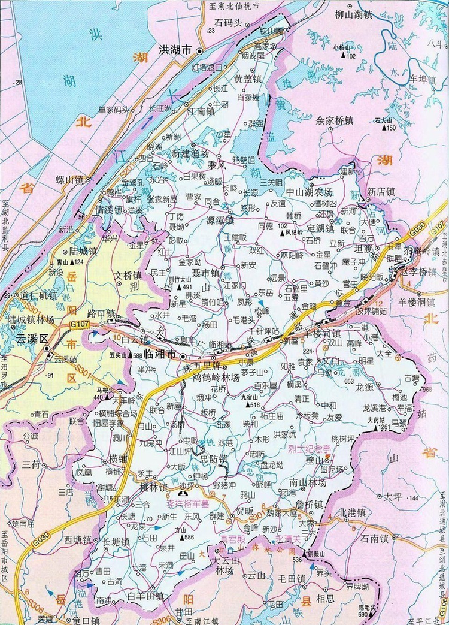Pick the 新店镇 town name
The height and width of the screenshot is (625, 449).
[x=381, y=192]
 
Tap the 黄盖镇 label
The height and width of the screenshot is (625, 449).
[x=248, y=79]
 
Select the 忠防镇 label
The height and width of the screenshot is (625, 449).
[x=214, y=459]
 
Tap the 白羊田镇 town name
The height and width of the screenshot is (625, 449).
[x=145, y=596]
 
